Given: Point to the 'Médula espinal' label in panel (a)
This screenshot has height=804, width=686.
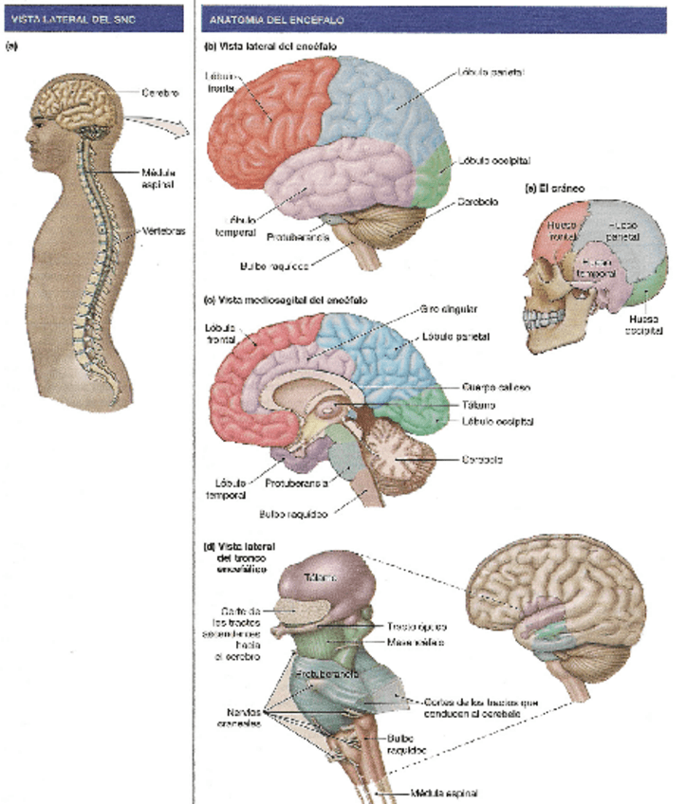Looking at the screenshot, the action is tap(157, 178).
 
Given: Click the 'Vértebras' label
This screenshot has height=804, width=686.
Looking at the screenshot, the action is tap(159, 230).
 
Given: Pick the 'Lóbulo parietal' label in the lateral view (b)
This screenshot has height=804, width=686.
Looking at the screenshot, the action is tap(491, 71).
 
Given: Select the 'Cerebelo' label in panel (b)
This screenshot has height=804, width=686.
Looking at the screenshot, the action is tap(481, 202).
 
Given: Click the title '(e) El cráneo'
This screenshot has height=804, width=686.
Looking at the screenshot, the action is tap(557, 189).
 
